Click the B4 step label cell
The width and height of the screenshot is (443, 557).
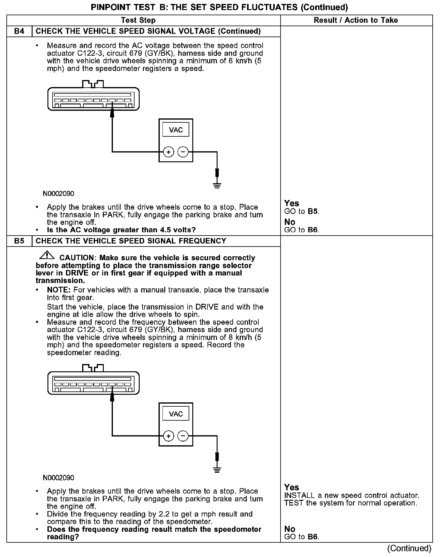pos(19,31)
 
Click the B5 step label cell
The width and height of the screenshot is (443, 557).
pos(19,241)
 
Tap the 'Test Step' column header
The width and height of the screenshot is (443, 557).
pos(138,20)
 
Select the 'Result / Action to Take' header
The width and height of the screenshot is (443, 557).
pos(356,20)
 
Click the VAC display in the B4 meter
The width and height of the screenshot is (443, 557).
pos(176,130)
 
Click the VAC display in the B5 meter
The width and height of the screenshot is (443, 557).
pos(176,414)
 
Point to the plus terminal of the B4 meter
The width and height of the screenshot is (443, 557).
pos(168,152)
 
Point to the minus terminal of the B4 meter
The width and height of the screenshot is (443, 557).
pos(183,152)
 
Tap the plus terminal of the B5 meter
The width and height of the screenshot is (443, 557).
pos(168,436)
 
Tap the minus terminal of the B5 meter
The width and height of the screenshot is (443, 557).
pos(183,436)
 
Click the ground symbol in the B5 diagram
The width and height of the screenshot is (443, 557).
pos(217,469)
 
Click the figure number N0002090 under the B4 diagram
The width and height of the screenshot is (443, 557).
pos(58,194)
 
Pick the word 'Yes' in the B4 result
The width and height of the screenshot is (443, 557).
pos(291,203)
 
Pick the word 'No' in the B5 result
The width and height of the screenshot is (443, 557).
pos(290,529)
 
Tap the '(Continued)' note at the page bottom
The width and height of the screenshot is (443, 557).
pos(409,548)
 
